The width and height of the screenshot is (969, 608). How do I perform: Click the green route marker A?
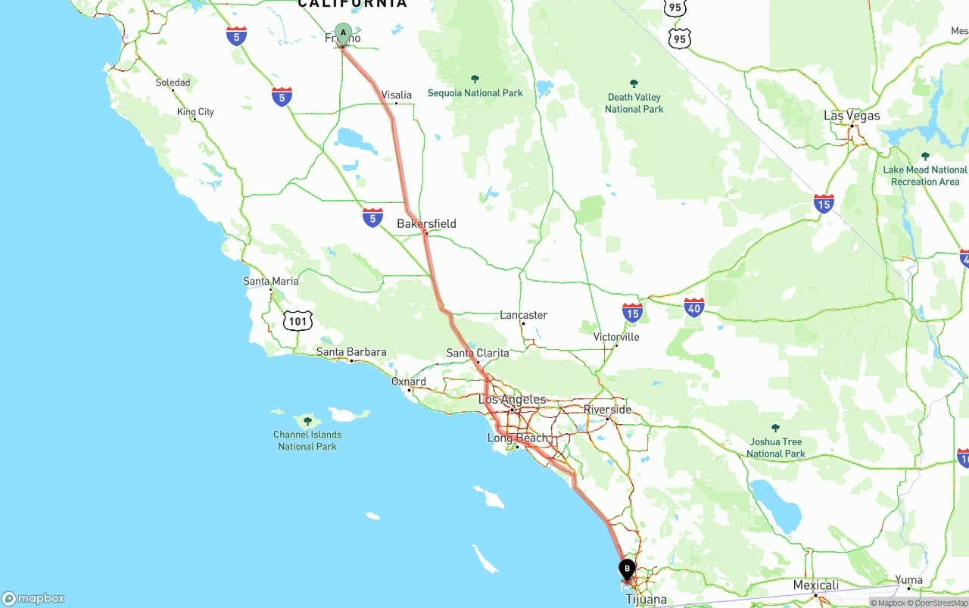[x=343, y=33]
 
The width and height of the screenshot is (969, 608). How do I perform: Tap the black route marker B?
[x=627, y=568]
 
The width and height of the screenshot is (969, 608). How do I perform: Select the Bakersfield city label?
[x=426, y=223]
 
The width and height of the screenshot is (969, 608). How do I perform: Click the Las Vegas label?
[x=852, y=115]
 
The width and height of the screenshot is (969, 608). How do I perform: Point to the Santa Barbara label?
[x=351, y=351]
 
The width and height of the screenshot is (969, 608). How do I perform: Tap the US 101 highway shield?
[x=298, y=321]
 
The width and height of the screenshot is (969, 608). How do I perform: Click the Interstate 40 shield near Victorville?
[x=693, y=307]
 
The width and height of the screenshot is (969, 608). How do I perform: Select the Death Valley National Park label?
[x=634, y=103]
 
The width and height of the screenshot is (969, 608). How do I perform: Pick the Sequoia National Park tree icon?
[x=475, y=80]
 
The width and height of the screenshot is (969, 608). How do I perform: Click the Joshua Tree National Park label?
[x=775, y=447]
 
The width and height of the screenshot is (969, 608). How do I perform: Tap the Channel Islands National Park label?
[x=307, y=441]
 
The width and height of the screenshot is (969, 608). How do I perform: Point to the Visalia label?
[x=397, y=95]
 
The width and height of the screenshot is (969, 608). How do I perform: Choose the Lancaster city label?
[x=523, y=315]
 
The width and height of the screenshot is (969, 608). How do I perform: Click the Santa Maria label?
[x=271, y=281]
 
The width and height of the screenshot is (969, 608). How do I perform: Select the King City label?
[x=195, y=112]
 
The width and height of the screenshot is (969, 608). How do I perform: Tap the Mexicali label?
[x=815, y=585]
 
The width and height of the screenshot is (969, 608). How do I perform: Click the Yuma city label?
[x=908, y=580]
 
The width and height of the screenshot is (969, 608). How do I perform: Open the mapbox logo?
[x=33, y=598]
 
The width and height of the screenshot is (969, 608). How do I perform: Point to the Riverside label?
[x=607, y=410]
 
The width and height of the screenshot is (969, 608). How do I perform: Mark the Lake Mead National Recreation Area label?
[x=925, y=176]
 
